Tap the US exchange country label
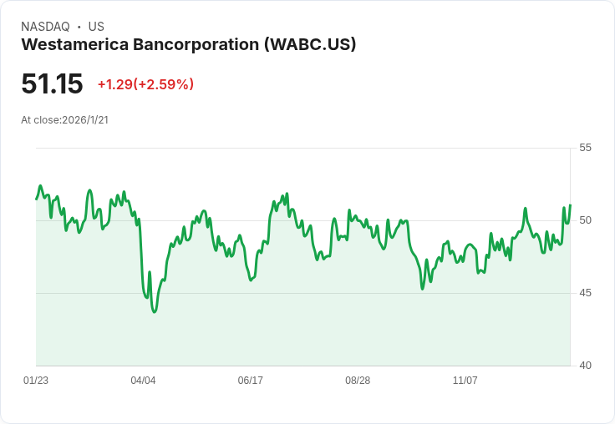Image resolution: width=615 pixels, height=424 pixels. (96, 27)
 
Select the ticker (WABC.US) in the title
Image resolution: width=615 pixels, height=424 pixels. (310, 44)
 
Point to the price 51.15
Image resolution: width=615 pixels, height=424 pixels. (52, 83)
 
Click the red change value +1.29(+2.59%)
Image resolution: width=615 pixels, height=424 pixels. (145, 84)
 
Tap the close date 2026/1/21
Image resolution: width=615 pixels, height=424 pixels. (85, 120)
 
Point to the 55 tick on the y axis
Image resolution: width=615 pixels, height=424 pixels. (585, 148)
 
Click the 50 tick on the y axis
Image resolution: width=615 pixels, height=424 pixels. (585, 220)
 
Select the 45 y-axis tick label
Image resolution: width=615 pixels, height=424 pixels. (585, 293)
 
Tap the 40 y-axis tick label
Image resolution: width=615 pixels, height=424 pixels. (585, 366)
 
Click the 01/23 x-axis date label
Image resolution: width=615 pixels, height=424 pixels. (36, 381)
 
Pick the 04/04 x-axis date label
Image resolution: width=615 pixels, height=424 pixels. (143, 381)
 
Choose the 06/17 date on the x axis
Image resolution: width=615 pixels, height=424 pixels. (251, 381)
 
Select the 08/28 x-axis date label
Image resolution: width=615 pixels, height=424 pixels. (358, 381)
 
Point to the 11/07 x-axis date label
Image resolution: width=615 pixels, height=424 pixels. (465, 381)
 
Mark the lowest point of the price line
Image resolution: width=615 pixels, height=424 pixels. (155, 311)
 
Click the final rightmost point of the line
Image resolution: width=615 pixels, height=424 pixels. (570, 205)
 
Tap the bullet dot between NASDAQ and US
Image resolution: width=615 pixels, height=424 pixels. (79, 27)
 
